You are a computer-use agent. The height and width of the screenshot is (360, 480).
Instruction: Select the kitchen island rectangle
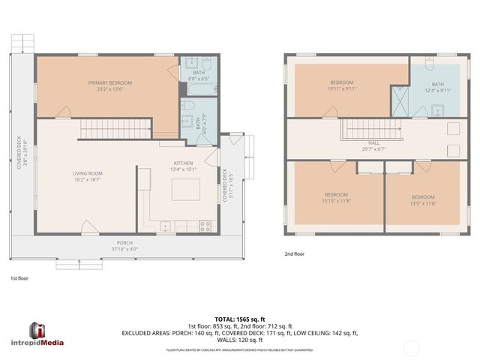(181, 192)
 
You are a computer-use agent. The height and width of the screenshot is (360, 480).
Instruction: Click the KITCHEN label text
(183, 163)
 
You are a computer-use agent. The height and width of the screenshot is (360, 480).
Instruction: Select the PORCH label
(124, 242)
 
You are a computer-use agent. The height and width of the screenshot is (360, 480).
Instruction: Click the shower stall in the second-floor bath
(400, 98)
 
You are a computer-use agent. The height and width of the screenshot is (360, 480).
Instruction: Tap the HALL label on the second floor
(373, 142)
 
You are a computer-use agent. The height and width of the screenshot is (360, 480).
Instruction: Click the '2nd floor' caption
(294, 254)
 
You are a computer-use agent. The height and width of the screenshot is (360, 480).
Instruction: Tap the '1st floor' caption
(19, 278)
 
